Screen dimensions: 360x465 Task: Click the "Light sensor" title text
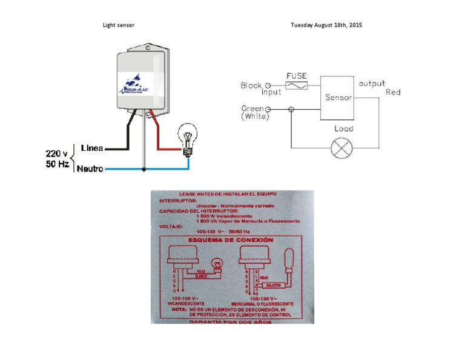tap(119, 25)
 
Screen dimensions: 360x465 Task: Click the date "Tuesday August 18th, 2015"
tap(326, 25)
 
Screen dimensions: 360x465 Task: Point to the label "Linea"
tap(91, 148)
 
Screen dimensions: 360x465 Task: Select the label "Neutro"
tap(90, 169)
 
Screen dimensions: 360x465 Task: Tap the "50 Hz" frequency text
tap(57, 164)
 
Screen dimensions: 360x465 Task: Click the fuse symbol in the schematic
tap(296, 87)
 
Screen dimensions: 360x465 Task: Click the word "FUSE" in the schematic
tap(296, 76)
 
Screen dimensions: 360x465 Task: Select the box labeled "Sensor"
tap(338, 98)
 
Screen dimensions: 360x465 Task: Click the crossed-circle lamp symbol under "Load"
tap(341, 148)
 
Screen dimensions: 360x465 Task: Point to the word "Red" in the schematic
tap(393, 93)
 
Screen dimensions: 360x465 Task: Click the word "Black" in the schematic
tap(251, 85)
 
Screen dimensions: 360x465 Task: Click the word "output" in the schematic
tap(372, 84)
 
